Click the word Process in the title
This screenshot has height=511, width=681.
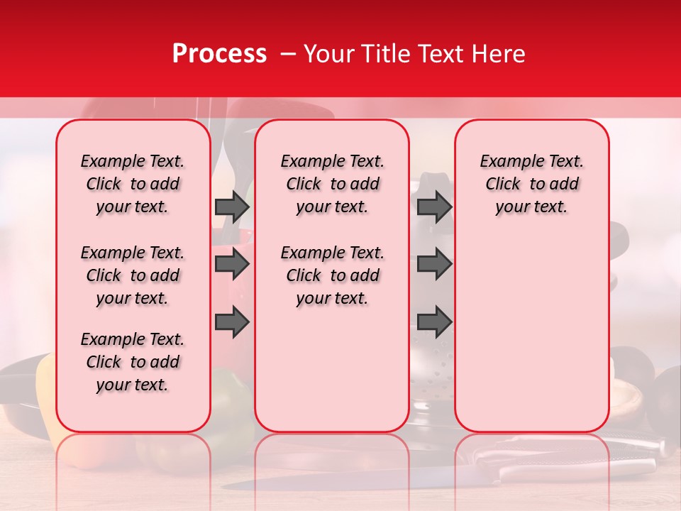tap(218, 54)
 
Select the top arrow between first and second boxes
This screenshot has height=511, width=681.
tap(232, 207)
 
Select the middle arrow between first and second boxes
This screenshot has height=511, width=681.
tap(232, 264)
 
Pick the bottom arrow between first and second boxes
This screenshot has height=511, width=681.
tap(232, 322)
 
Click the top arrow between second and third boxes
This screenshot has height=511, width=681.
tap(434, 207)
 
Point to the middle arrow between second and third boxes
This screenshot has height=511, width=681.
tap(434, 264)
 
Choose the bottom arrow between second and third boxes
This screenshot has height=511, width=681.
tap(434, 322)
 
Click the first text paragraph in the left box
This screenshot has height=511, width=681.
tap(133, 184)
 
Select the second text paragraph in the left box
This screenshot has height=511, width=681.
tap(133, 275)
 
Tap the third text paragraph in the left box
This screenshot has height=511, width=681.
tap(133, 362)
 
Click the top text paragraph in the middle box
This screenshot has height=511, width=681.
tap(332, 184)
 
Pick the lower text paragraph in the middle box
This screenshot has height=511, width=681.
tap(332, 275)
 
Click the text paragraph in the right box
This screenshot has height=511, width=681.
tap(531, 184)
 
